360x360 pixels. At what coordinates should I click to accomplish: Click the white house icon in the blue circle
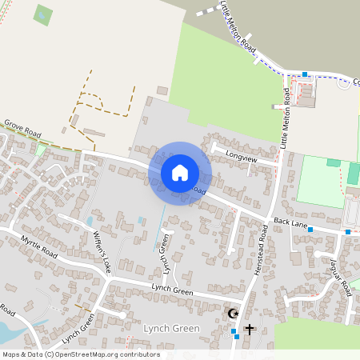[x=180, y=172]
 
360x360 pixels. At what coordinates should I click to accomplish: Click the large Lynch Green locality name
[x=171, y=329]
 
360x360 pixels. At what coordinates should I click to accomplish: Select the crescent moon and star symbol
[x=234, y=313]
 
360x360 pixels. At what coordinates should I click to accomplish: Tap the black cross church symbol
[x=249, y=329]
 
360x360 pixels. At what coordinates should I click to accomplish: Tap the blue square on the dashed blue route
[x=304, y=74]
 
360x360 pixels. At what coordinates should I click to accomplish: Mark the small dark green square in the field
[x=43, y=14]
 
